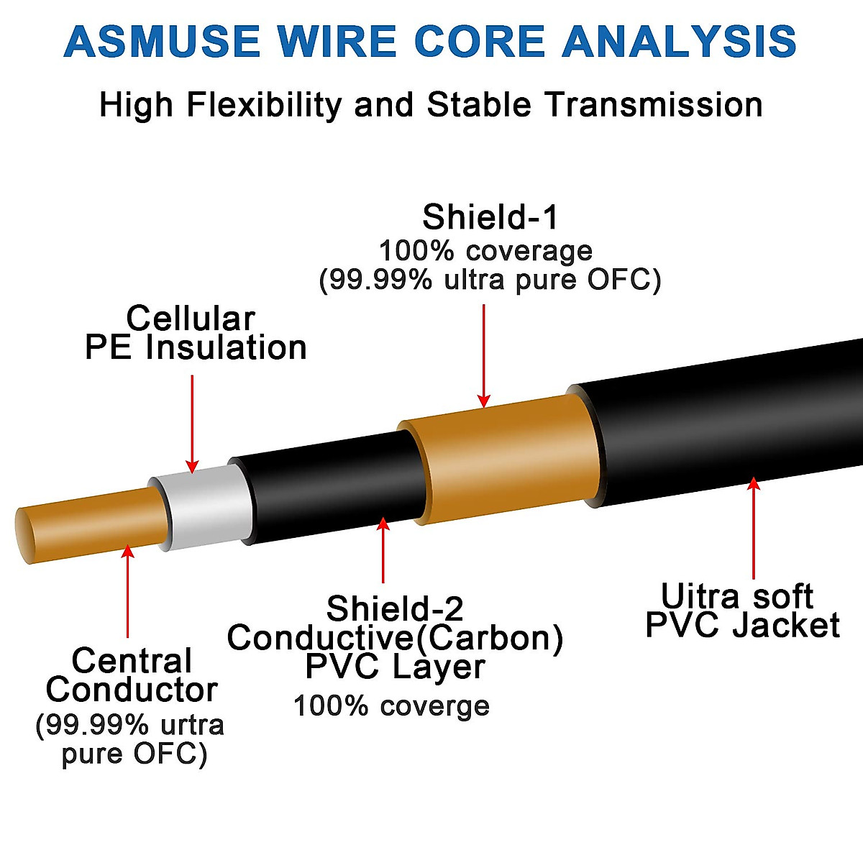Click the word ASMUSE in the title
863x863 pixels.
point(162,42)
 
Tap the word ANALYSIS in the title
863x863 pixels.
point(680,42)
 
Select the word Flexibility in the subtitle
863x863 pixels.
point(264,105)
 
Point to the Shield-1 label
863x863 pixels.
point(490,217)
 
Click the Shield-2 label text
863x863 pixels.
point(395,609)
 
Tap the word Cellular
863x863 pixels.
point(191,319)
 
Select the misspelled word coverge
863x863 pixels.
point(434,706)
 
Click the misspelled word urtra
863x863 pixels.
point(191,725)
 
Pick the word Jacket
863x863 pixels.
point(786,626)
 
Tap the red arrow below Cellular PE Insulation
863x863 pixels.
point(192,424)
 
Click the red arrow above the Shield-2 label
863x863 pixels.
point(383,550)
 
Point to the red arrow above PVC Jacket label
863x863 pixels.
point(754,528)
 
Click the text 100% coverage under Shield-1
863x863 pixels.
point(485,252)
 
